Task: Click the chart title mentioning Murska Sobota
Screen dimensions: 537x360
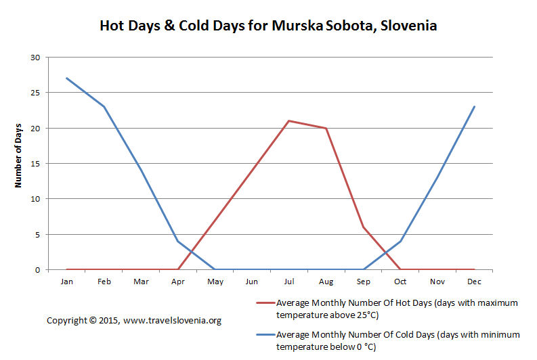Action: coord(268,26)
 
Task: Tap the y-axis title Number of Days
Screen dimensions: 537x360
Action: coord(18,156)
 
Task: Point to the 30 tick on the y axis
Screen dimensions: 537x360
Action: coord(35,58)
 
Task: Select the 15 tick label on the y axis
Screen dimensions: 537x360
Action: coord(35,164)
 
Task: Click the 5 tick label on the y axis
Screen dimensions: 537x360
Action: coord(37,235)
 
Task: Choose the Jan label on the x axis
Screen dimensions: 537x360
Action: coord(67,282)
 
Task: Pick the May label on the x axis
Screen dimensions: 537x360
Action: coord(215,282)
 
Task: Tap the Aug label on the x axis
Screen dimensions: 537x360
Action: coord(326,282)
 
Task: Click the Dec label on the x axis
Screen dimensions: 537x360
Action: coord(474,282)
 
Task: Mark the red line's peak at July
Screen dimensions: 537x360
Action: coord(289,121)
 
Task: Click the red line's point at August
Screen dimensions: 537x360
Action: coord(326,128)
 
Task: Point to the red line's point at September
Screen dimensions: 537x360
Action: coord(364,227)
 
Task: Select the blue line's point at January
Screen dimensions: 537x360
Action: coord(67,78)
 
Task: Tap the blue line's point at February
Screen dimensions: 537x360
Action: coord(104,107)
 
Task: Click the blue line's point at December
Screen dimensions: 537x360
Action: coord(474,107)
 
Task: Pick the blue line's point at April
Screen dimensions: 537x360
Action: coord(177,242)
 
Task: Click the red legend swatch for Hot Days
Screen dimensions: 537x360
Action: coord(265,303)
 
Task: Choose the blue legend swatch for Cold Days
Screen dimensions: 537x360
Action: coord(265,334)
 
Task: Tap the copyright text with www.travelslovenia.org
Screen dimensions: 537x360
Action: coord(134,321)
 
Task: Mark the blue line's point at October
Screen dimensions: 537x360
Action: coord(400,242)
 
